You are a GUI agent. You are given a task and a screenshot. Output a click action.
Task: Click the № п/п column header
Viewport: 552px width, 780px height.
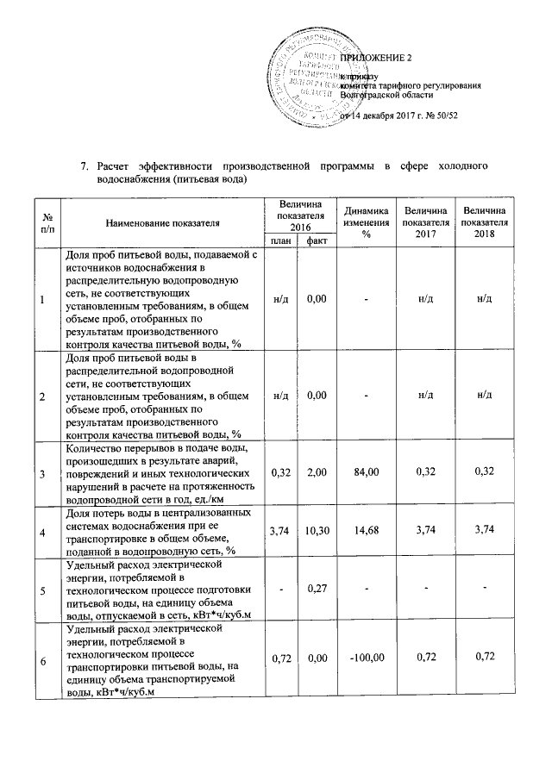point(45,222)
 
